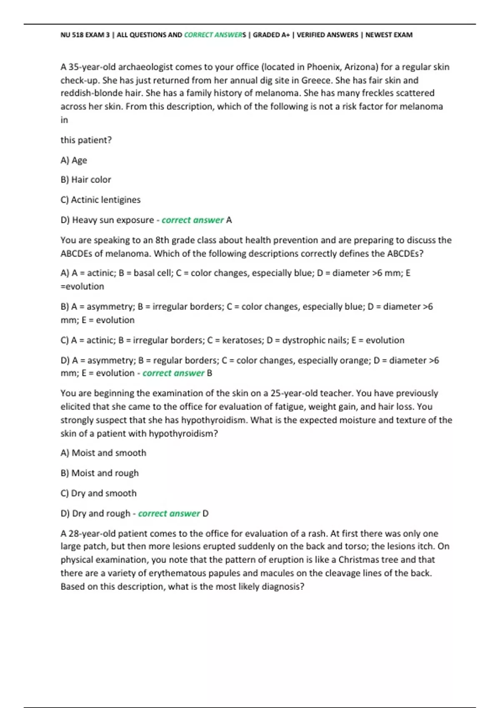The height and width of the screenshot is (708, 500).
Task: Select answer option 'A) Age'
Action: pyautogui.click(x=74, y=160)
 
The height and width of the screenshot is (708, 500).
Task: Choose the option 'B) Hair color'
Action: pyautogui.click(x=86, y=180)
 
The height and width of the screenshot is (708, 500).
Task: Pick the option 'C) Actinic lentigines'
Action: pyautogui.click(x=100, y=200)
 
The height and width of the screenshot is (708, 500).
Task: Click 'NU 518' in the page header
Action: pyautogui.click(x=72, y=35)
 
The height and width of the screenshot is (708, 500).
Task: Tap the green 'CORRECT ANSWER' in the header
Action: pyautogui.click(x=213, y=35)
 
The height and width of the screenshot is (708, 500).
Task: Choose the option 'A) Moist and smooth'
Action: pyautogui.click(x=103, y=453)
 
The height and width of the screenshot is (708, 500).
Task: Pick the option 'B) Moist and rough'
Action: pyautogui.click(x=100, y=473)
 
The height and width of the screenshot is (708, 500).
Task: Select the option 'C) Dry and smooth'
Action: pyautogui.click(x=98, y=494)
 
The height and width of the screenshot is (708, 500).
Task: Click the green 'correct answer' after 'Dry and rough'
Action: pyautogui.click(x=169, y=514)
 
